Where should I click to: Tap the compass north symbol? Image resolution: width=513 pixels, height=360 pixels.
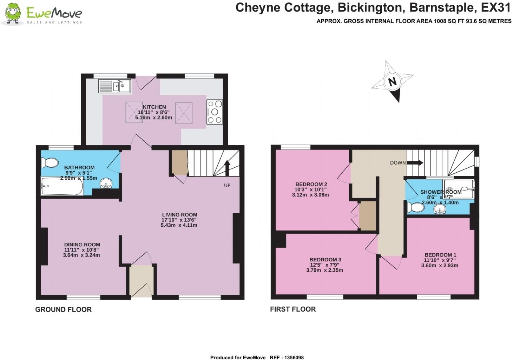point(392,81)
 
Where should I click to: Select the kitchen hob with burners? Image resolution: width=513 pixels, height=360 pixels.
point(215,112)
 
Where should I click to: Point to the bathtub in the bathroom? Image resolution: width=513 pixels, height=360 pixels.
point(62,186)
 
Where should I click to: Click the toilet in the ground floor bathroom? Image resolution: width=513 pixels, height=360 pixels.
point(49,163)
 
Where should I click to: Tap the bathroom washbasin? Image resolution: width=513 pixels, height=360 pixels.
point(106,183)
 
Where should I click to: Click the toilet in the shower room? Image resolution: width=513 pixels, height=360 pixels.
point(415,207)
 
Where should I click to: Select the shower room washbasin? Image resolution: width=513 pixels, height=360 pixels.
point(440,209)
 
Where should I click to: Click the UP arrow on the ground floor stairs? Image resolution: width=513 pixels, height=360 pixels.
point(227,168)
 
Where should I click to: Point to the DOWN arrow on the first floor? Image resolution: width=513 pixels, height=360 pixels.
point(415,163)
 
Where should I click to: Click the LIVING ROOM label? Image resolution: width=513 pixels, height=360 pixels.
point(179,214)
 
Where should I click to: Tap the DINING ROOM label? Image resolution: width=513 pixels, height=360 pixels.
point(82,245)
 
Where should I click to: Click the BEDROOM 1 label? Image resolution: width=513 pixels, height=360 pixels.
point(440,255)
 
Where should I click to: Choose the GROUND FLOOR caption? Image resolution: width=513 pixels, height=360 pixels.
point(63,309)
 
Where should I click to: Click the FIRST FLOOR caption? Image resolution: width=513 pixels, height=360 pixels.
point(293,309)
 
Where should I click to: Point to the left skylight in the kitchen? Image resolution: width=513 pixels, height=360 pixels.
point(134,112)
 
